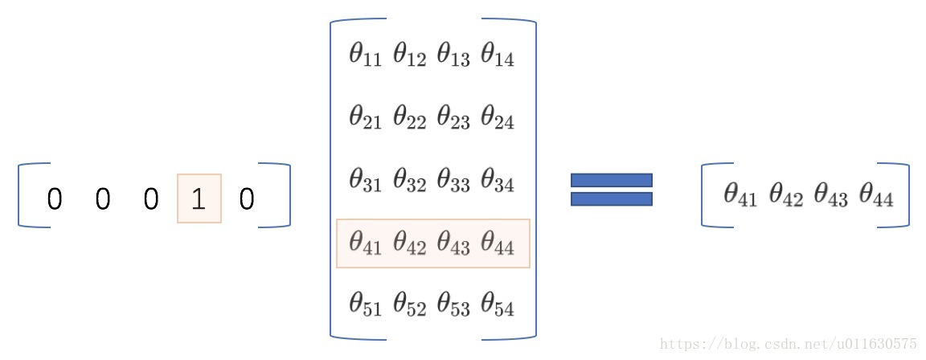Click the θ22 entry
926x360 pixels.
coord(409,119)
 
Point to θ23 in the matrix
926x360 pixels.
coord(453,119)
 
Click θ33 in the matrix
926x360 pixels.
coord(453,181)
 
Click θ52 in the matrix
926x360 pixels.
coord(409,305)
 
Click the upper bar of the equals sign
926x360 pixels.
coord(611,180)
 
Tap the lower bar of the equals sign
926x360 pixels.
coord(611,198)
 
